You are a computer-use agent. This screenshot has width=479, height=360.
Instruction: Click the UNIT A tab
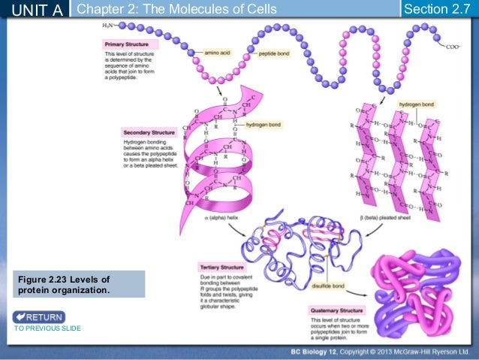pyautogui.click(x=35, y=9)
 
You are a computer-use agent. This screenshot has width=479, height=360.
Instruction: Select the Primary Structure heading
pyautogui.click(x=125, y=44)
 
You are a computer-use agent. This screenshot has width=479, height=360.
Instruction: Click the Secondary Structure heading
pyautogui.click(x=143, y=132)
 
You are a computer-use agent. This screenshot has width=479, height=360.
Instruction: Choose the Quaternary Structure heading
pyautogui.click(x=336, y=310)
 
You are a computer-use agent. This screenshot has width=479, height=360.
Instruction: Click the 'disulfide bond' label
pyautogui.click(x=328, y=286)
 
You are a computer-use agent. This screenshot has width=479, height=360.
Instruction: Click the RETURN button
pyautogui.click(x=39, y=316)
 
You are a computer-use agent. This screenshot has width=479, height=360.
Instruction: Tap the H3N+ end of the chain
pyautogui.click(x=110, y=26)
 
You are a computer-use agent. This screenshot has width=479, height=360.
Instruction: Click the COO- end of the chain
pyautogui.click(x=453, y=47)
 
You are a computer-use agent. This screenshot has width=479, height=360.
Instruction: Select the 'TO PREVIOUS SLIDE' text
pyautogui.click(x=47, y=329)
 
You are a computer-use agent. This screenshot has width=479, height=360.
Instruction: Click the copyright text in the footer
pyautogui.click(x=380, y=352)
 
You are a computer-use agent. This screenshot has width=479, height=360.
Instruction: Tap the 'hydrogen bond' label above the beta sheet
pyautogui.click(x=416, y=104)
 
